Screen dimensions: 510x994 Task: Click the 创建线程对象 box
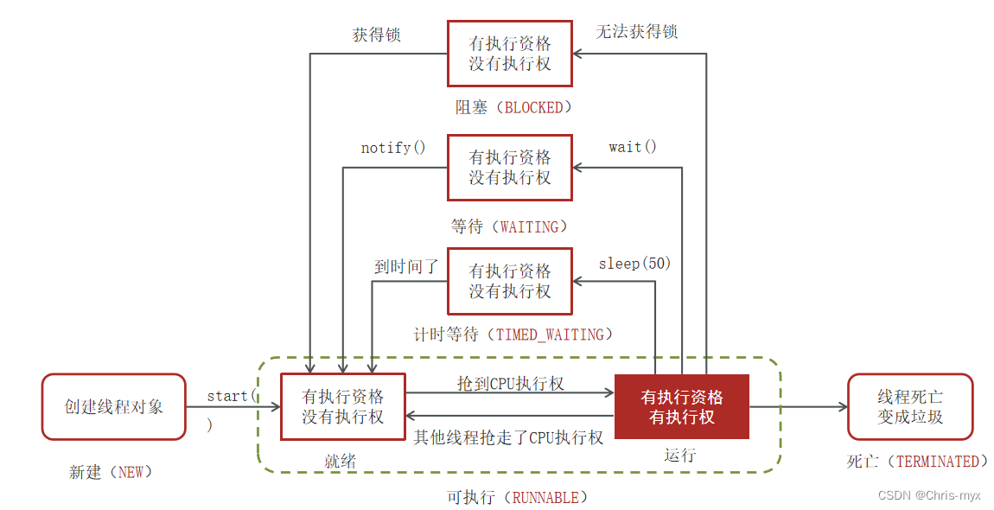tap(113, 406)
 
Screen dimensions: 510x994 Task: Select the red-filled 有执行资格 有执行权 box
tap(682, 407)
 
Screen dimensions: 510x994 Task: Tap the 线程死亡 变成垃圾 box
tap(910, 406)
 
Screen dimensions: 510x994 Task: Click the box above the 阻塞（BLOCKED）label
tap(509, 54)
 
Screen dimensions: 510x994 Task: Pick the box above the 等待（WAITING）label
tap(509, 168)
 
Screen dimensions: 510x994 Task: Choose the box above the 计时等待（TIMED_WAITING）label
tap(509, 282)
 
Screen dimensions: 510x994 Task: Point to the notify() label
tap(393, 148)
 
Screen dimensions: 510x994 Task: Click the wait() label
tap(633, 147)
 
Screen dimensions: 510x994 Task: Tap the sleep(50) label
tap(634, 263)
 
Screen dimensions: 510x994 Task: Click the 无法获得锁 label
tap(637, 32)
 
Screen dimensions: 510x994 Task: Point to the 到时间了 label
tap(405, 267)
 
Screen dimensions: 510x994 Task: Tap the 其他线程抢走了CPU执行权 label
tap(508, 437)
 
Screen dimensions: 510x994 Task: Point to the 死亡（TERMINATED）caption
tap(917, 462)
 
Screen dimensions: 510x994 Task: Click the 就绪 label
tap(341, 462)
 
